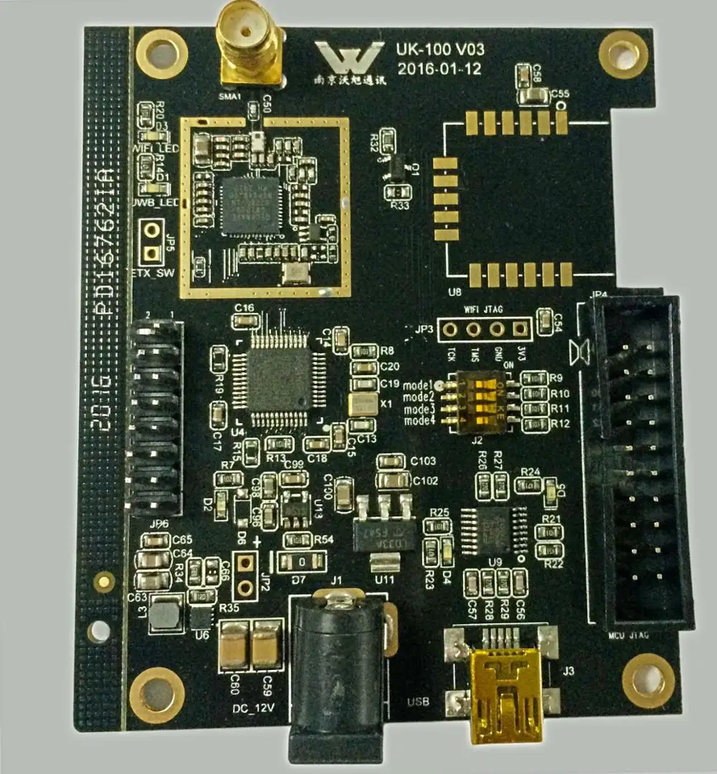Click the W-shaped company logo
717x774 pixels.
point(350,57)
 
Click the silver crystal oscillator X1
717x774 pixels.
point(363,404)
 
